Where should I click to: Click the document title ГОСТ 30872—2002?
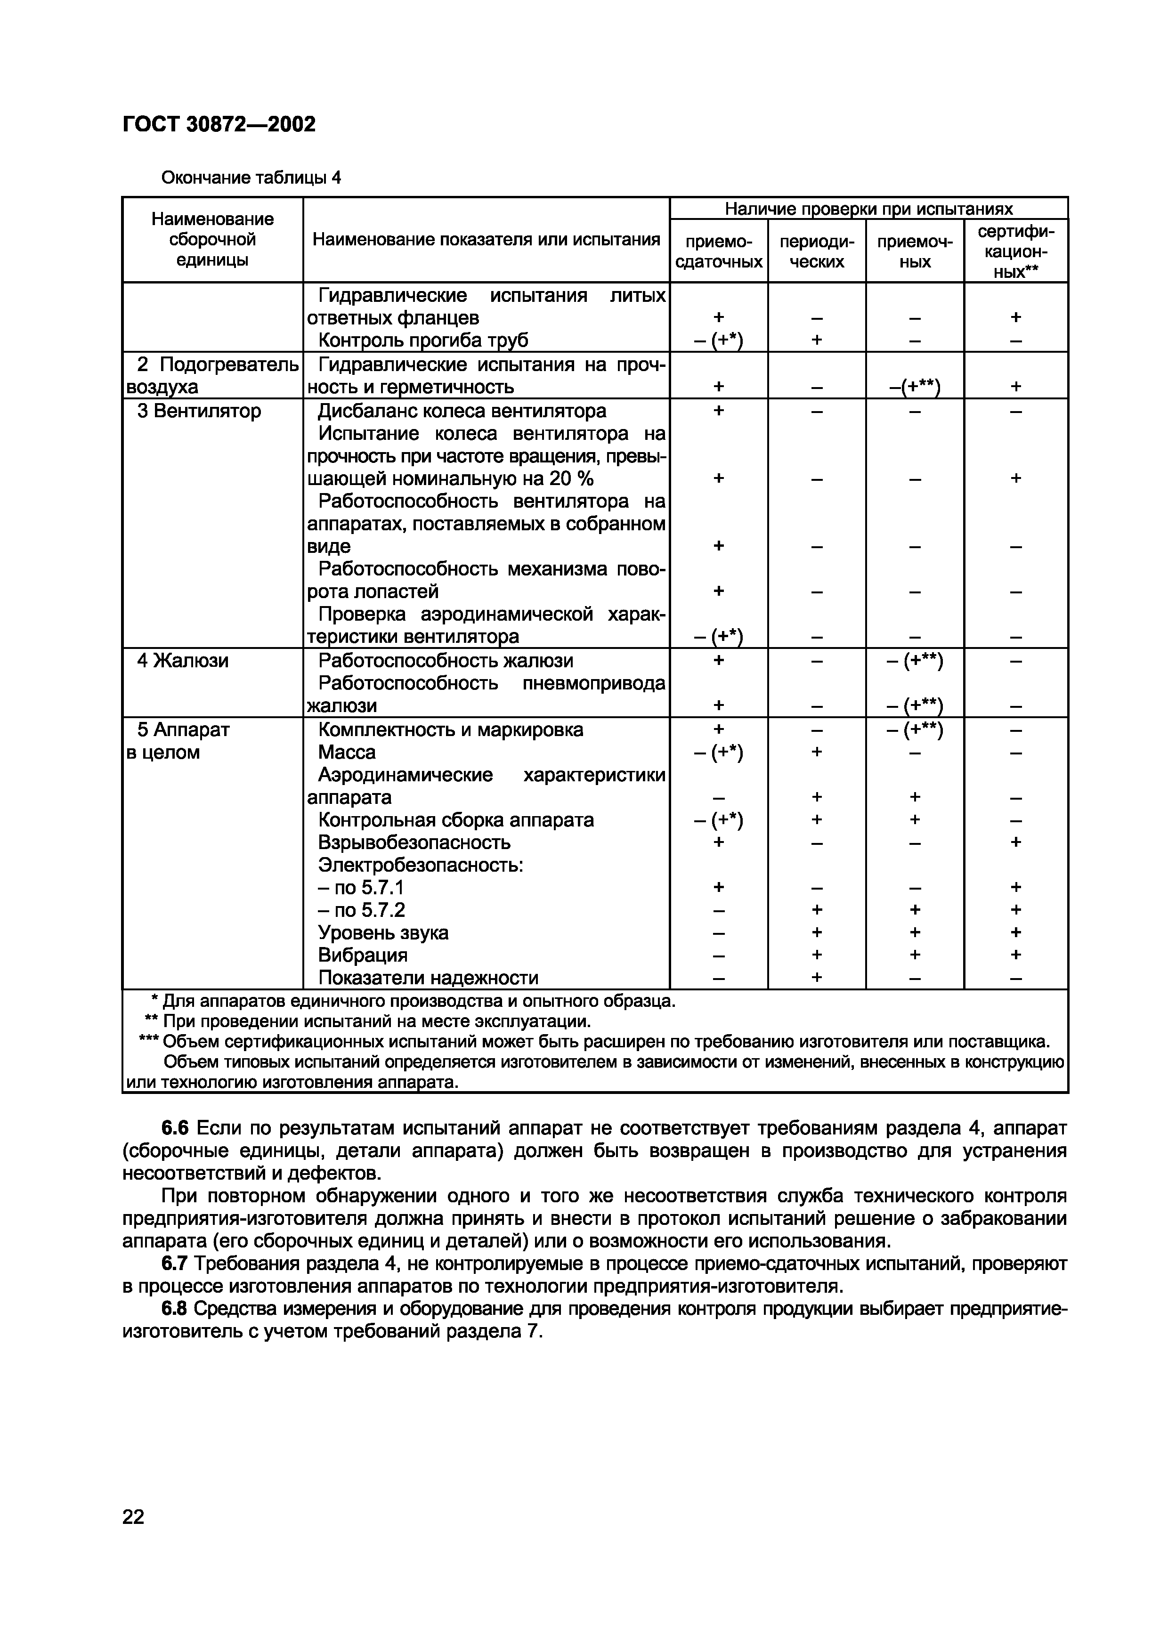click(219, 124)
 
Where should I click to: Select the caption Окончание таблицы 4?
click(251, 177)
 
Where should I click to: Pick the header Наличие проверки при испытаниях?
click(868, 209)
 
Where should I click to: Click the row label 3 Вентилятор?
click(199, 411)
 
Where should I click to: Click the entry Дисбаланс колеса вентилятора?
click(462, 411)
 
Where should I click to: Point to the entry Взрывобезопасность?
click(414, 842)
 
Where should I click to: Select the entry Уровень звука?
click(383, 932)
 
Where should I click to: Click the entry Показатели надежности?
click(428, 977)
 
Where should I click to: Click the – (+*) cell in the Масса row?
click(718, 752)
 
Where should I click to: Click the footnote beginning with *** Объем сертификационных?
click(594, 1041)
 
